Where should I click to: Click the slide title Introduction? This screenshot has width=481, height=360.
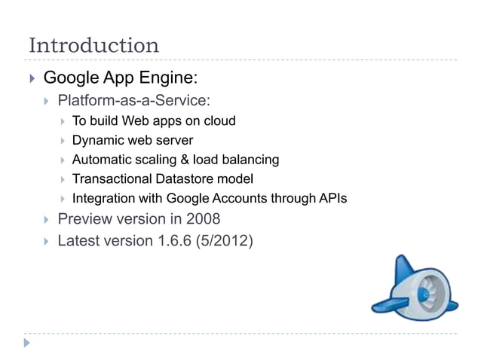pos(93,45)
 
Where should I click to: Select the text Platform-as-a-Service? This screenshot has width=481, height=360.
pos(133,100)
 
